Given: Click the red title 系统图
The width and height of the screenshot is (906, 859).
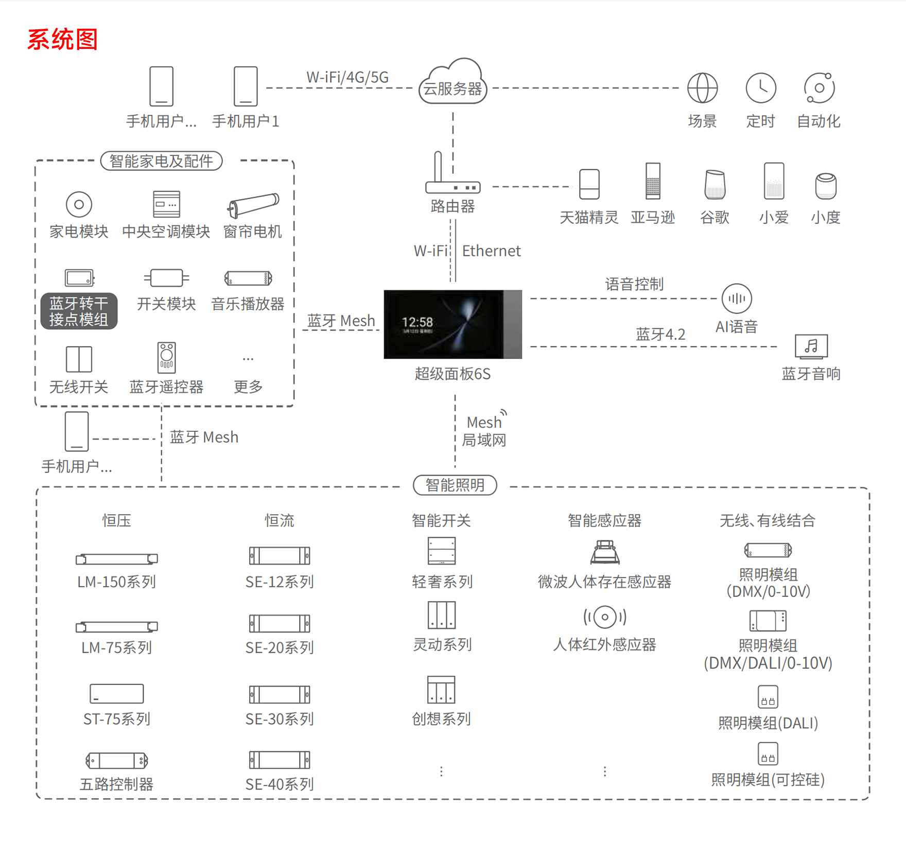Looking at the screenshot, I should (62, 40).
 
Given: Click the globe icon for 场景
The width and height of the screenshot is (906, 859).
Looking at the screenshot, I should (702, 88).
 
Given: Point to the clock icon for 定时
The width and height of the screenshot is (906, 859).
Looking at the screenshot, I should (760, 88).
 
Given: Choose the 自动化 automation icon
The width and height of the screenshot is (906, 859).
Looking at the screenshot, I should (819, 88).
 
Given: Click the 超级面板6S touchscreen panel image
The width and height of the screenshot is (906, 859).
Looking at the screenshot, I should (452, 324).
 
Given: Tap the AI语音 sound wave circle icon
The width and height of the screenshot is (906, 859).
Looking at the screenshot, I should (737, 299).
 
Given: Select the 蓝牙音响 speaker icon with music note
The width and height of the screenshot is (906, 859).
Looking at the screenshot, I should (811, 346).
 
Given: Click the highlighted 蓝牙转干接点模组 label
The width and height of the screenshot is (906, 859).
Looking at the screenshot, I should (79, 311).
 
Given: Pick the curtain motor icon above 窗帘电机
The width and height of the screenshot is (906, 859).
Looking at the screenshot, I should (253, 205).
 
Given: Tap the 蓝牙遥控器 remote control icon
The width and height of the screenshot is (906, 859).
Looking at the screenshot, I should (166, 357).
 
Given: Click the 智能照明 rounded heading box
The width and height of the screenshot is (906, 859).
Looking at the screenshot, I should (455, 485).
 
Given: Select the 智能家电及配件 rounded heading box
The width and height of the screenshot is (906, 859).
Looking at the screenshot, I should (161, 161).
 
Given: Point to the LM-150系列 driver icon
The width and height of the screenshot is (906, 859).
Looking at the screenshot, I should (117, 559).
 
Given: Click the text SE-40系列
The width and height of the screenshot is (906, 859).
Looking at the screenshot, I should (280, 784).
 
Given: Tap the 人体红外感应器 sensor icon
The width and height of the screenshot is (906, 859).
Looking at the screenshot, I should (605, 617).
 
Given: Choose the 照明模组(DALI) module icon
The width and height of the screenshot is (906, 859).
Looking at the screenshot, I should (768, 697).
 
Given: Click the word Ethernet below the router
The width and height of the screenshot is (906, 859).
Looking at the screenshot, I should (491, 251).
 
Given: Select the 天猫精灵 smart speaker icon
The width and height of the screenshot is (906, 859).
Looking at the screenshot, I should (589, 184).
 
